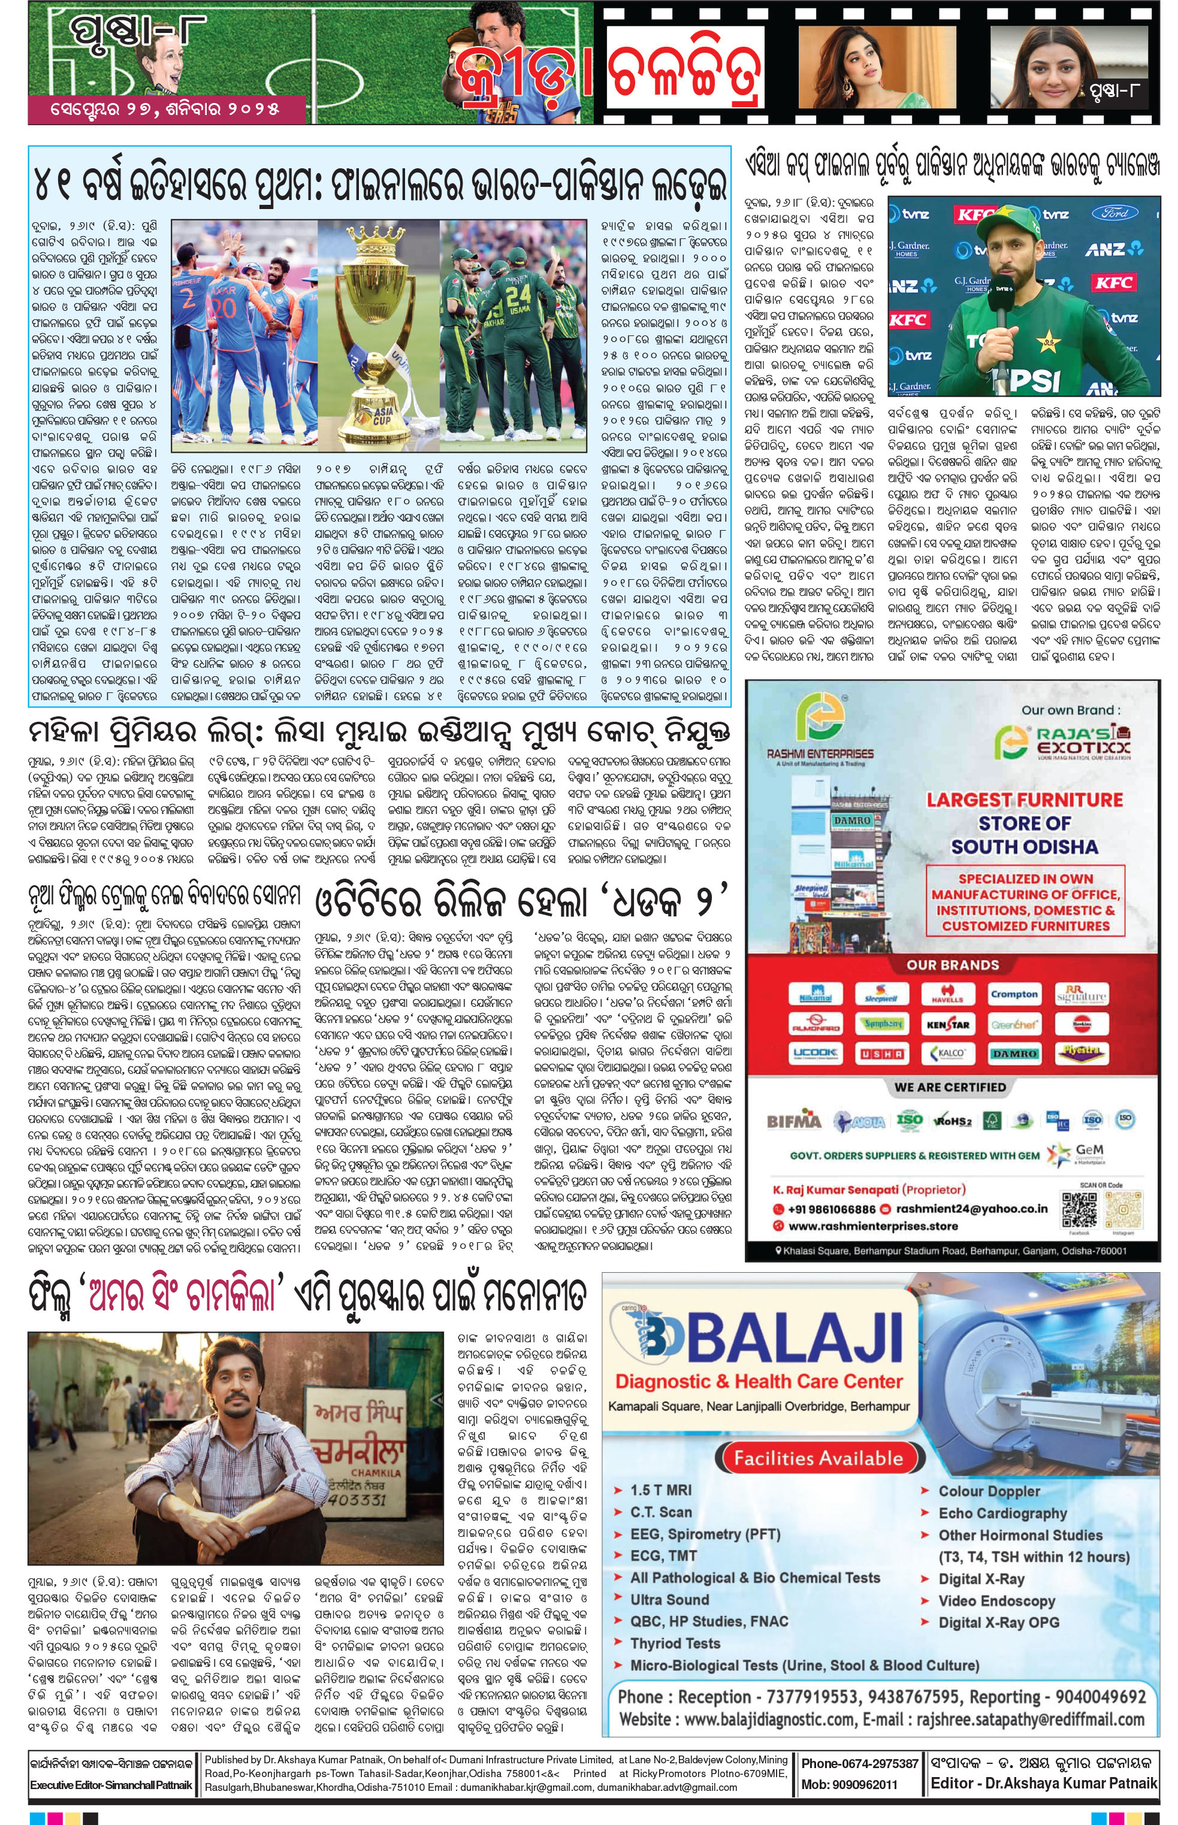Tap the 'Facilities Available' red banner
pos(818,1458)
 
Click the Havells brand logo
pos(947,995)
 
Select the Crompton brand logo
pos(1014,995)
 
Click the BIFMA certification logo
pos(793,1121)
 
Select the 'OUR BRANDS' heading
pos(952,965)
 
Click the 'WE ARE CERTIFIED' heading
pos(950,1086)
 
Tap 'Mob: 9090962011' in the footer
pos(849,1784)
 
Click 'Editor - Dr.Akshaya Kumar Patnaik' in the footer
pos(1043,1783)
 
